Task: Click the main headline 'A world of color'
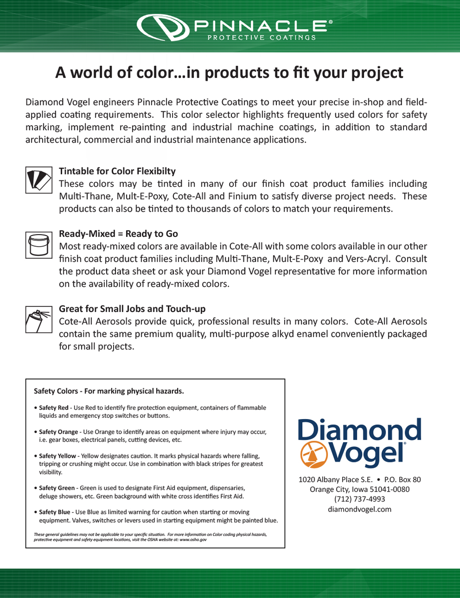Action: pyautogui.click(x=229, y=73)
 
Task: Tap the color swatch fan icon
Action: pyautogui.click(x=39, y=180)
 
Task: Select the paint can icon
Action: pyautogui.click(x=39, y=245)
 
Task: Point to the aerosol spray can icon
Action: pyautogui.click(x=39, y=320)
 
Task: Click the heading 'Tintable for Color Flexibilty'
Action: pyautogui.click(x=117, y=171)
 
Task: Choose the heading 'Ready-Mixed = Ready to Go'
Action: pyautogui.click(x=118, y=234)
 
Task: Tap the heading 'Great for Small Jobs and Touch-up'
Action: pyautogui.click(x=132, y=309)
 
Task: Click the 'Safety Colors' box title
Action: pyautogui.click(x=109, y=391)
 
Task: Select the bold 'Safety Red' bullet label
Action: pyautogui.click(x=53, y=408)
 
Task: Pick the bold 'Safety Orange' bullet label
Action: pyautogui.click(x=58, y=432)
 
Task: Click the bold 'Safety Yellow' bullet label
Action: pyautogui.click(x=57, y=456)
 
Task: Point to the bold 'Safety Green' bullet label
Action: pyautogui.click(x=57, y=488)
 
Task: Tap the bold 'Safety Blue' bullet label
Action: pyautogui.click(x=55, y=512)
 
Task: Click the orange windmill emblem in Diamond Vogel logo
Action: pyautogui.click(x=313, y=454)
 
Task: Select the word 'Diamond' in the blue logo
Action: pyautogui.click(x=360, y=429)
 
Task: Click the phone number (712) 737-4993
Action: pyautogui.click(x=360, y=499)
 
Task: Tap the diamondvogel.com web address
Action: pyautogui.click(x=360, y=509)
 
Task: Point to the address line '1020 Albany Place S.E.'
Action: pyautogui.click(x=335, y=479)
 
